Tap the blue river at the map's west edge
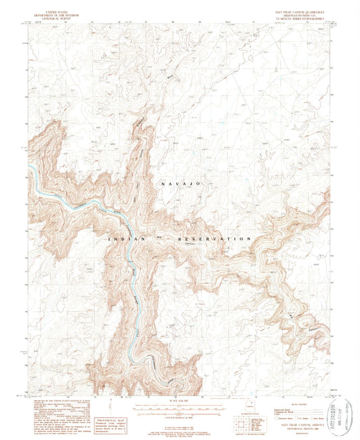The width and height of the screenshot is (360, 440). (32, 177)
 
